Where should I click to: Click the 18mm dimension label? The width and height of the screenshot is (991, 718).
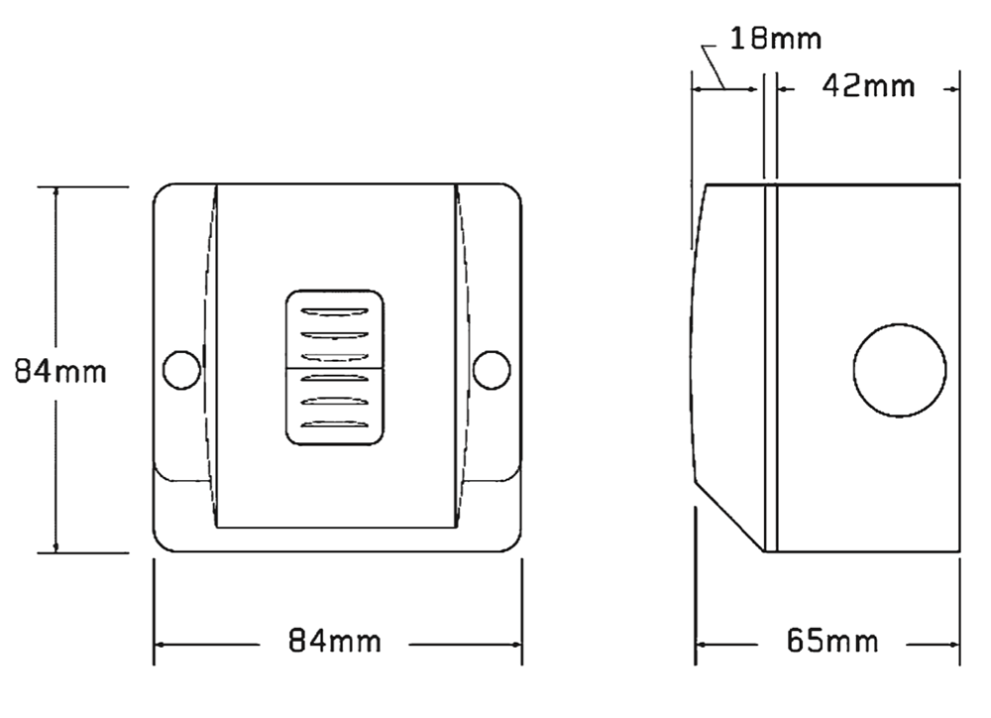click(776, 40)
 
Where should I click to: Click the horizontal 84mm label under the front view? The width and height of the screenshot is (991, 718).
click(334, 642)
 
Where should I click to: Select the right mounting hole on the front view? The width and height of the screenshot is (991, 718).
click(491, 369)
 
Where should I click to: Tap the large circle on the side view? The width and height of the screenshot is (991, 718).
click(900, 369)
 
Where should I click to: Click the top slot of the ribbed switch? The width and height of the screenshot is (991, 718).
click(334, 309)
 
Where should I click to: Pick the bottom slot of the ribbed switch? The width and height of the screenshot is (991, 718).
click(334, 423)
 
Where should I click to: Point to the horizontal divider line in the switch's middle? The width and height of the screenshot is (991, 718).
click(334, 368)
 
